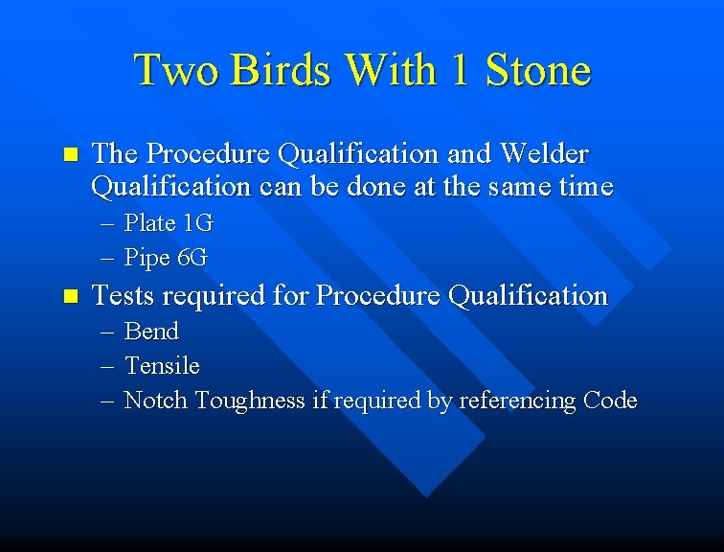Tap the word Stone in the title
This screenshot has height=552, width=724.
538,70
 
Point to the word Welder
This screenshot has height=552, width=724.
541,153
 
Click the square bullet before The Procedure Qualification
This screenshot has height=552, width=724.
66,154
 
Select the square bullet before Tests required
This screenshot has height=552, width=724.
66,296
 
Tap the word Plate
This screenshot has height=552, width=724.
150,223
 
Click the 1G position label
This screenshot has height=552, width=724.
197,223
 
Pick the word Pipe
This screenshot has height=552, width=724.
147,258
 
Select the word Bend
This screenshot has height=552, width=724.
151,331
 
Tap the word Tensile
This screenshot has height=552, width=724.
162,365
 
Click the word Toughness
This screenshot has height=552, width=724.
251,401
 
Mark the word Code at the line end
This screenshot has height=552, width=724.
609,400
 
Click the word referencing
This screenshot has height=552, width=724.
517,401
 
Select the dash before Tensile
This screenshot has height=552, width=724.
106,366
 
